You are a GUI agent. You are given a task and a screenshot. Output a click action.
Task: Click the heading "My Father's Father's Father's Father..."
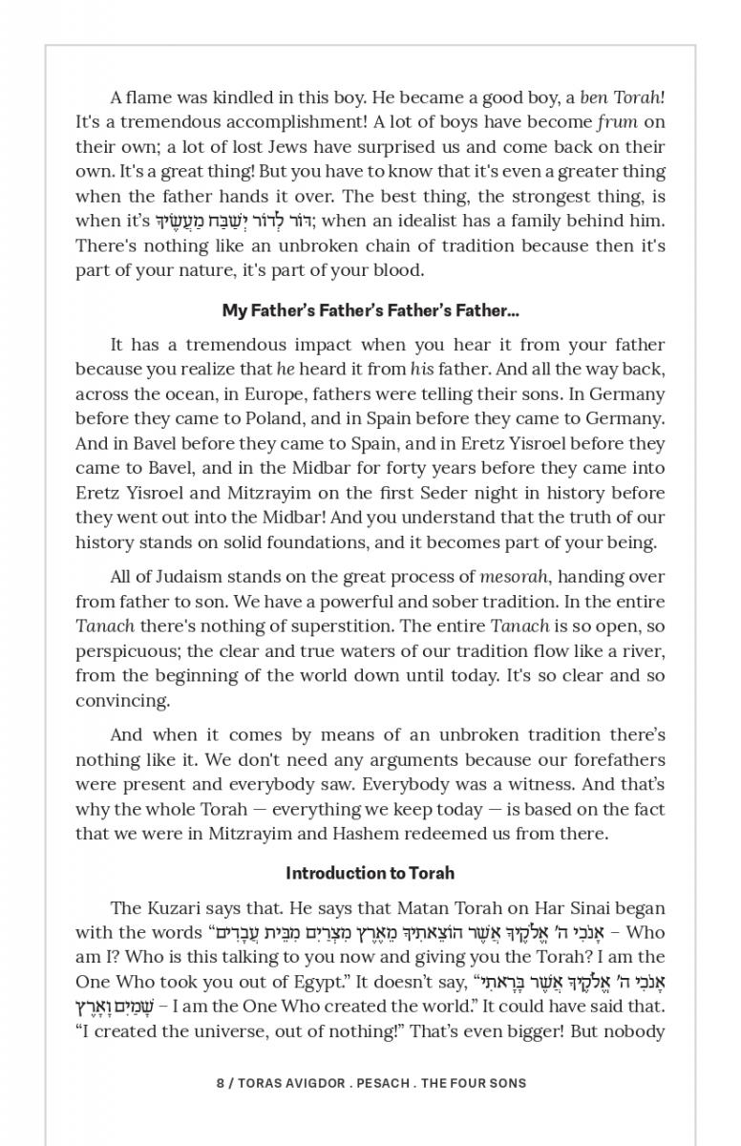coord(370,310)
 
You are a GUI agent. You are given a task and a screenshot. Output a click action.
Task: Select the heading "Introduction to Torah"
coord(370,873)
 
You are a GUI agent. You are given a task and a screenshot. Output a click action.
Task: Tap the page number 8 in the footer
coord(221,1083)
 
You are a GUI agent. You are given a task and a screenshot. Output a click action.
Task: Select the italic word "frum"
coord(617,122)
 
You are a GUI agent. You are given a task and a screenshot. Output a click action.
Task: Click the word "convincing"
coord(119,701)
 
